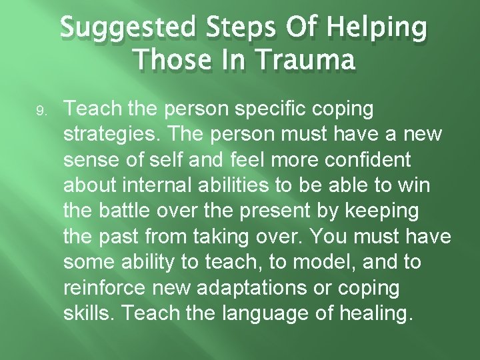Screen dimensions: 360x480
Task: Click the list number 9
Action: click(x=41, y=112)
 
